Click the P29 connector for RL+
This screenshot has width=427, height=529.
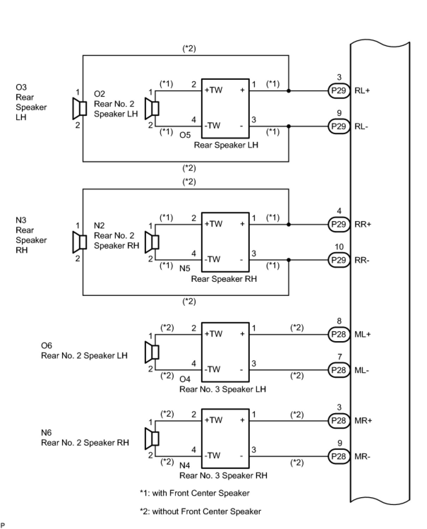click(339, 90)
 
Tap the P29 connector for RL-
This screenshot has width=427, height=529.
click(339, 126)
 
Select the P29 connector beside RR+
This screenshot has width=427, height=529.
click(339, 224)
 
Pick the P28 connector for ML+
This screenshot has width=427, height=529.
click(339, 334)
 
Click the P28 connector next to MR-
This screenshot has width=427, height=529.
click(339, 456)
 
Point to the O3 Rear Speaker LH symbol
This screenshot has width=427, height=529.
click(79, 108)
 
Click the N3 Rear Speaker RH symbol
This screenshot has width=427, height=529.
click(79, 242)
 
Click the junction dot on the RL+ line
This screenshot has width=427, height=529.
click(289, 91)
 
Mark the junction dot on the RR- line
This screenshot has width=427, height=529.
click(289, 260)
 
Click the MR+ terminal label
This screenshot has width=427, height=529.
click(363, 421)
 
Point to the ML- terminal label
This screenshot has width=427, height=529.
click(361, 370)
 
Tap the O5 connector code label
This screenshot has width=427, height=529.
click(185, 135)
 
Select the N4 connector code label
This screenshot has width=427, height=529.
click(185, 465)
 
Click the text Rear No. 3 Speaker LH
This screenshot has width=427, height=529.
click(223, 389)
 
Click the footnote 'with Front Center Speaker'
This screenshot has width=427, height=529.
click(195, 493)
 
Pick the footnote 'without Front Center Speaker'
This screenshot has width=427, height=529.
click(200, 511)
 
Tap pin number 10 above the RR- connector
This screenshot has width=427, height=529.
click(339, 247)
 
